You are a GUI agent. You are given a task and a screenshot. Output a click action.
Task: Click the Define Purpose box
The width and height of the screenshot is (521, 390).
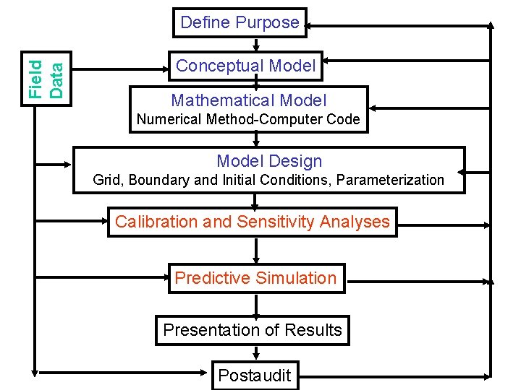pos(240,22)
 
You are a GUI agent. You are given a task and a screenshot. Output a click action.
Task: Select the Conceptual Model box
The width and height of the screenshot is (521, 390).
pos(245,66)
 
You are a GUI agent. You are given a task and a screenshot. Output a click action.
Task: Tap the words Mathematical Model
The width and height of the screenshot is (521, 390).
pos(248,100)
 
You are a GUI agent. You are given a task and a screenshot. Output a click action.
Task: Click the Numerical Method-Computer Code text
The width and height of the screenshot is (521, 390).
pos(248,120)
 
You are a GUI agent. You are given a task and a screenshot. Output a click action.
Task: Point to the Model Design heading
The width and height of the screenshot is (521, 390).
pos(269,161)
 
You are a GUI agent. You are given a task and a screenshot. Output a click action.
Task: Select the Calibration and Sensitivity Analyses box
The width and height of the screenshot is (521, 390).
pos(252,222)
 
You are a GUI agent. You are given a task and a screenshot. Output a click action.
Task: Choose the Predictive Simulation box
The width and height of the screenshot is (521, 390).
pos(255,278)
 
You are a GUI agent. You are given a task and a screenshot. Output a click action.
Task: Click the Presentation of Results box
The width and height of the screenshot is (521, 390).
pos(252,330)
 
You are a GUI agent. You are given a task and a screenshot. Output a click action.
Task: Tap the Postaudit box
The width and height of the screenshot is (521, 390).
pos(254,375)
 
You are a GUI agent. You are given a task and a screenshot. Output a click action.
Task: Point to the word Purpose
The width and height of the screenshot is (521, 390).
pos(269,22)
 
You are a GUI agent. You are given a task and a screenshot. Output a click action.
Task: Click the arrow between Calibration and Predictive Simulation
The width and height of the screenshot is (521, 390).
pos(255,250)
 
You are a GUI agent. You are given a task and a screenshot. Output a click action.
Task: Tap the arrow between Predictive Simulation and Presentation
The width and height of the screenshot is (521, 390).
pos(255,305)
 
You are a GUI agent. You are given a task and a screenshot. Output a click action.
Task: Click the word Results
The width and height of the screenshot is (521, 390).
pos(313,330)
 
